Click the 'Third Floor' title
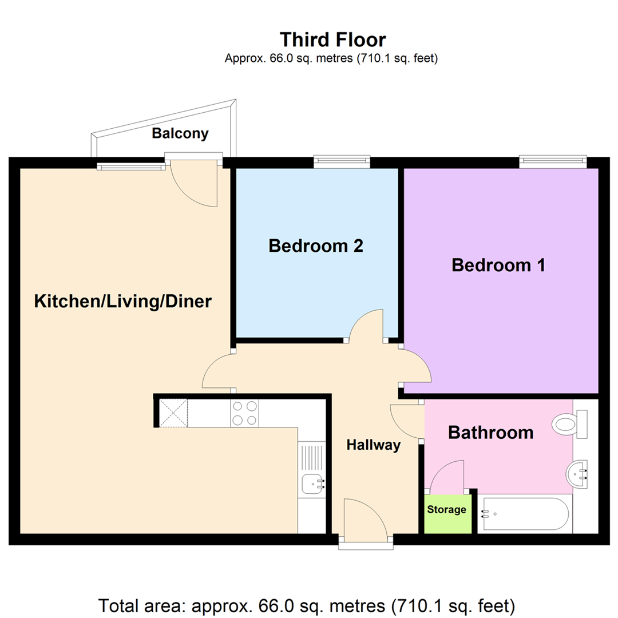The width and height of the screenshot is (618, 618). [332, 39]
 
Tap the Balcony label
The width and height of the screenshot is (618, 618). [180, 134]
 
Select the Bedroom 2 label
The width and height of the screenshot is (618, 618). [316, 246]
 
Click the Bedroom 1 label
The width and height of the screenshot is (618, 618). [498, 266]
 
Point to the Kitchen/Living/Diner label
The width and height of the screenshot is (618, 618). [123, 302]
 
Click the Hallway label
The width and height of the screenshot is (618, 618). [373, 445]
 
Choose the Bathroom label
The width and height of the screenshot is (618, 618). [490, 433]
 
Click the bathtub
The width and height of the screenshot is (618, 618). [525, 513]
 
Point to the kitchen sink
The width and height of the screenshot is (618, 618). [312, 485]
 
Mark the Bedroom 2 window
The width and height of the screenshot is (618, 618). [342, 163]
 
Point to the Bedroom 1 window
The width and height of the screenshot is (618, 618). [553, 162]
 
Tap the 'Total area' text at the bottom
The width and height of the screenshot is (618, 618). [308, 604]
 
